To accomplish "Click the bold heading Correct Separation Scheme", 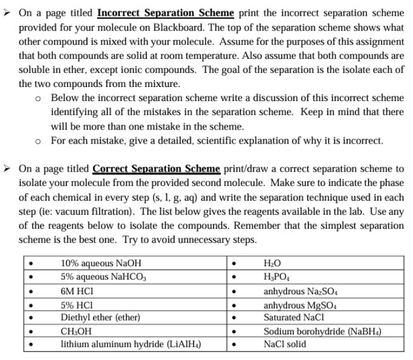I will pos(156,168).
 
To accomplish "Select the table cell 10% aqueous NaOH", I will pos(95,264).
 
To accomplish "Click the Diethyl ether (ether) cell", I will pos(100,317).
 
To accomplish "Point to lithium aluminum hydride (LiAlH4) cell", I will pos(131,344).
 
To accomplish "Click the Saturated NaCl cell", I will pos(290,317).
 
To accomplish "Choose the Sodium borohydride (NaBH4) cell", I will pos(323,331).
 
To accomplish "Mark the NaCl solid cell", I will pos(284,344).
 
